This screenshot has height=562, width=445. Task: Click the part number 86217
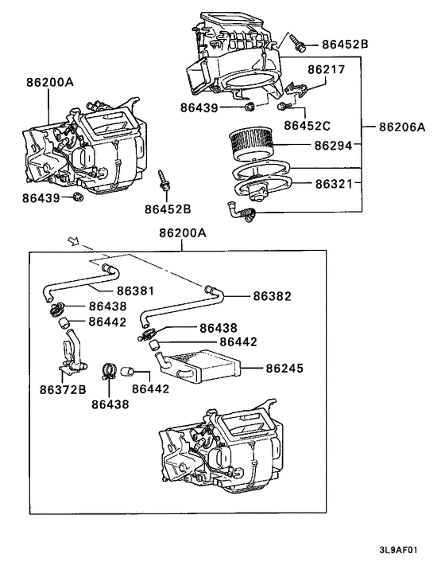click(327, 70)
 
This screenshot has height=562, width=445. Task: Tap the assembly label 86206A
click(402, 126)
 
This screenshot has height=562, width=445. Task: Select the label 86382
click(273, 295)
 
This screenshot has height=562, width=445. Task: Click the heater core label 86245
click(285, 369)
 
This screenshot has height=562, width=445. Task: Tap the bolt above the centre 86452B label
click(164, 180)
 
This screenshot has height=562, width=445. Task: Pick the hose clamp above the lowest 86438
click(110, 371)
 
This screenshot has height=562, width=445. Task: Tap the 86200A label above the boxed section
click(182, 232)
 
